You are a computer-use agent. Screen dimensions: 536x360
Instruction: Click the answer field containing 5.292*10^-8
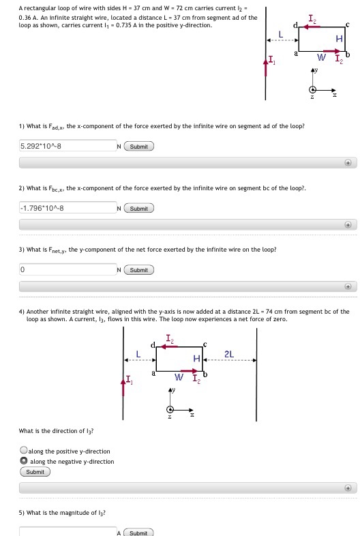coord(67,146)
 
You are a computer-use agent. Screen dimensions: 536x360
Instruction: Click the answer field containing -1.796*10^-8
coord(67,208)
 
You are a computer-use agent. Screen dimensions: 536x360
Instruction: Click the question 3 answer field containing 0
coord(67,270)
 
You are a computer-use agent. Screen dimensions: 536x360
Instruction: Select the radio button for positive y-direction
coord(24,451)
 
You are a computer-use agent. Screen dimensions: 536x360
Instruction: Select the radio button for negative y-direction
coord(24,461)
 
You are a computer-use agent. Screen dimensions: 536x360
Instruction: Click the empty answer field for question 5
coord(67,532)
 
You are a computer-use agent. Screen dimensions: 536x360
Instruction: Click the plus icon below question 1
coord(348,163)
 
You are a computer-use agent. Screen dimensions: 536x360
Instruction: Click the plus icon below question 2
coord(348,225)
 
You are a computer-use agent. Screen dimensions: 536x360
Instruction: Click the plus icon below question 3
coord(348,287)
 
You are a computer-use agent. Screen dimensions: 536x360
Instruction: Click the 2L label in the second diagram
coord(229,354)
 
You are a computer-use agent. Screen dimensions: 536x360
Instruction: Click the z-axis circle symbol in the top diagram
coord(313,90)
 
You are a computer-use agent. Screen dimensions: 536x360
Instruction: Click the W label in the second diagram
coord(178,376)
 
